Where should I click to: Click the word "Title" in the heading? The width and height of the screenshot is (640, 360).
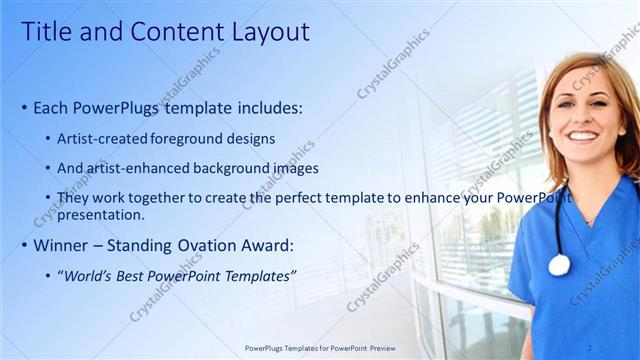point(47,32)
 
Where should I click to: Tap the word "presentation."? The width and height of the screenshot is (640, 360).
point(101,214)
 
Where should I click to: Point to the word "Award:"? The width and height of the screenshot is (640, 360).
point(282,244)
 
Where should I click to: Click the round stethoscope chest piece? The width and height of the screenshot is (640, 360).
point(558,264)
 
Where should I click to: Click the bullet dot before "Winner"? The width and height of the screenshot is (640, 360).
point(24,245)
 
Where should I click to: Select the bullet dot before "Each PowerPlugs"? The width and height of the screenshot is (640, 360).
point(24,108)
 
